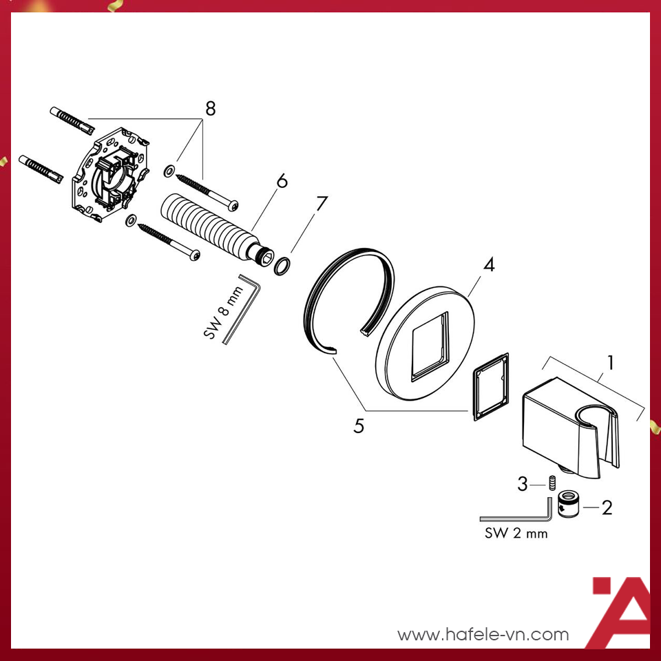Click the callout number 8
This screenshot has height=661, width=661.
coord(210,108)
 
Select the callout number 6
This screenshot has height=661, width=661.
coord(282,182)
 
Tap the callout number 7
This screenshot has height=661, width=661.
coord(321,204)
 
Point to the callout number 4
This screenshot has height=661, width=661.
coord(488,264)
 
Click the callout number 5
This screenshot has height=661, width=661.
coord(358,426)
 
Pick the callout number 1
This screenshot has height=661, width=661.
coord(610,361)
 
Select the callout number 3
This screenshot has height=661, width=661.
coord(523,485)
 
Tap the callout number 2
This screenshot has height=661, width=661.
coord(607,508)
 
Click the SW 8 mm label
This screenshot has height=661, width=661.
coord(222,314)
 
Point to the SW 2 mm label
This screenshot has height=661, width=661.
coord(516,533)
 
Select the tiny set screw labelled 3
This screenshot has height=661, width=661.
coord(552,483)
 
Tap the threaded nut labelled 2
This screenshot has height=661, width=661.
coord(569,506)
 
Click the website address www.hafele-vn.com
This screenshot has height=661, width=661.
coord(483,634)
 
